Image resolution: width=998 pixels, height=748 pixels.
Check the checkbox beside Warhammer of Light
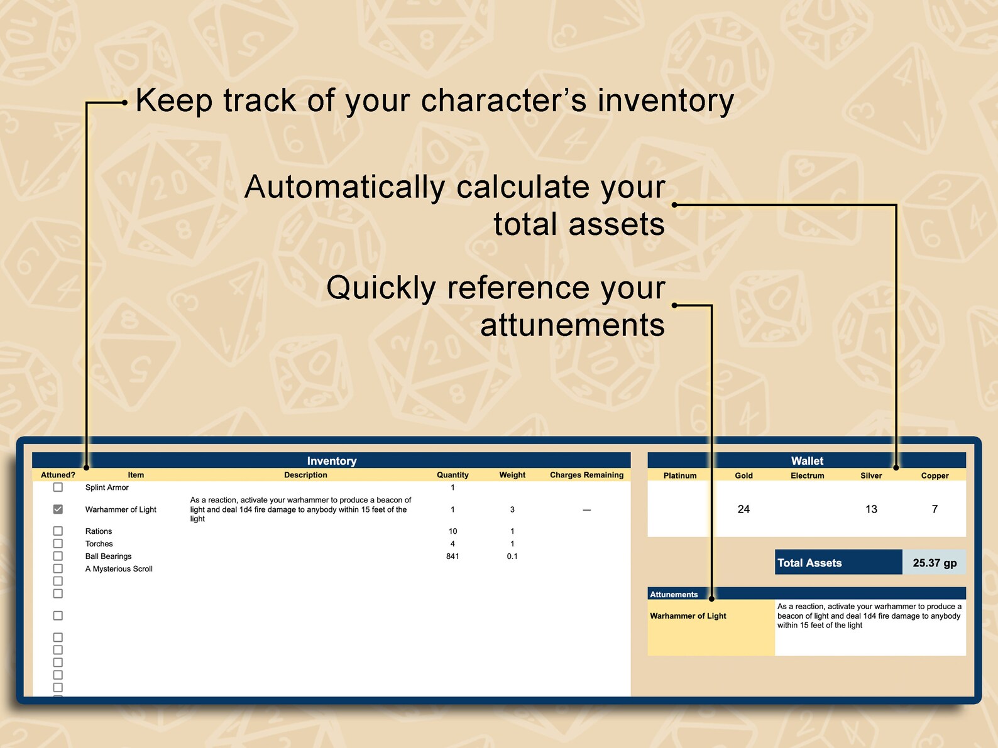(x=58, y=509)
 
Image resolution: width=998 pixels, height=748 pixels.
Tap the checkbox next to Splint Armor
(x=58, y=487)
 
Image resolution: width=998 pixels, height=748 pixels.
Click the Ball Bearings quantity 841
(x=452, y=556)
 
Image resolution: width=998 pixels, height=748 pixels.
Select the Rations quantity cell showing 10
(x=452, y=531)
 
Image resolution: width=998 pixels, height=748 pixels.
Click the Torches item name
(x=99, y=544)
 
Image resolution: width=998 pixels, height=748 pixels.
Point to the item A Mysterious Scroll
(x=119, y=569)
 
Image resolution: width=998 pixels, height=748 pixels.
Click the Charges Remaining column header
(x=586, y=475)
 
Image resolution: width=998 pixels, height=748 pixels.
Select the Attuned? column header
(x=58, y=475)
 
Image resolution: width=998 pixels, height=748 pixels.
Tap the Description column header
(x=305, y=475)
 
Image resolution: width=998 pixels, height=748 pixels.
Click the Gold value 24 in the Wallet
(x=743, y=509)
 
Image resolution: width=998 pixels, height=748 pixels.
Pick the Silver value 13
(x=871, y=509)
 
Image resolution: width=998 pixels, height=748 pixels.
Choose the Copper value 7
(x=935, y=509)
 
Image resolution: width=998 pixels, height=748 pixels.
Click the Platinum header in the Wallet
(x=680, y=476)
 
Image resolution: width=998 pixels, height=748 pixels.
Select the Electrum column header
(x=807, y=476)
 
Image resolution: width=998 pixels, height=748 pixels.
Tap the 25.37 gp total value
(x=935, y=563)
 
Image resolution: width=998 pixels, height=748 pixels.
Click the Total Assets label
(x=809, y=563)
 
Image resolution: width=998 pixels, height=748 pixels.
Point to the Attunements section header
(x=674, y=595)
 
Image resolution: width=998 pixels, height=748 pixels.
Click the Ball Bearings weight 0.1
(x=512, y=556)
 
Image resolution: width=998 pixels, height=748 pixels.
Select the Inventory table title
(x=331, y=461)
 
